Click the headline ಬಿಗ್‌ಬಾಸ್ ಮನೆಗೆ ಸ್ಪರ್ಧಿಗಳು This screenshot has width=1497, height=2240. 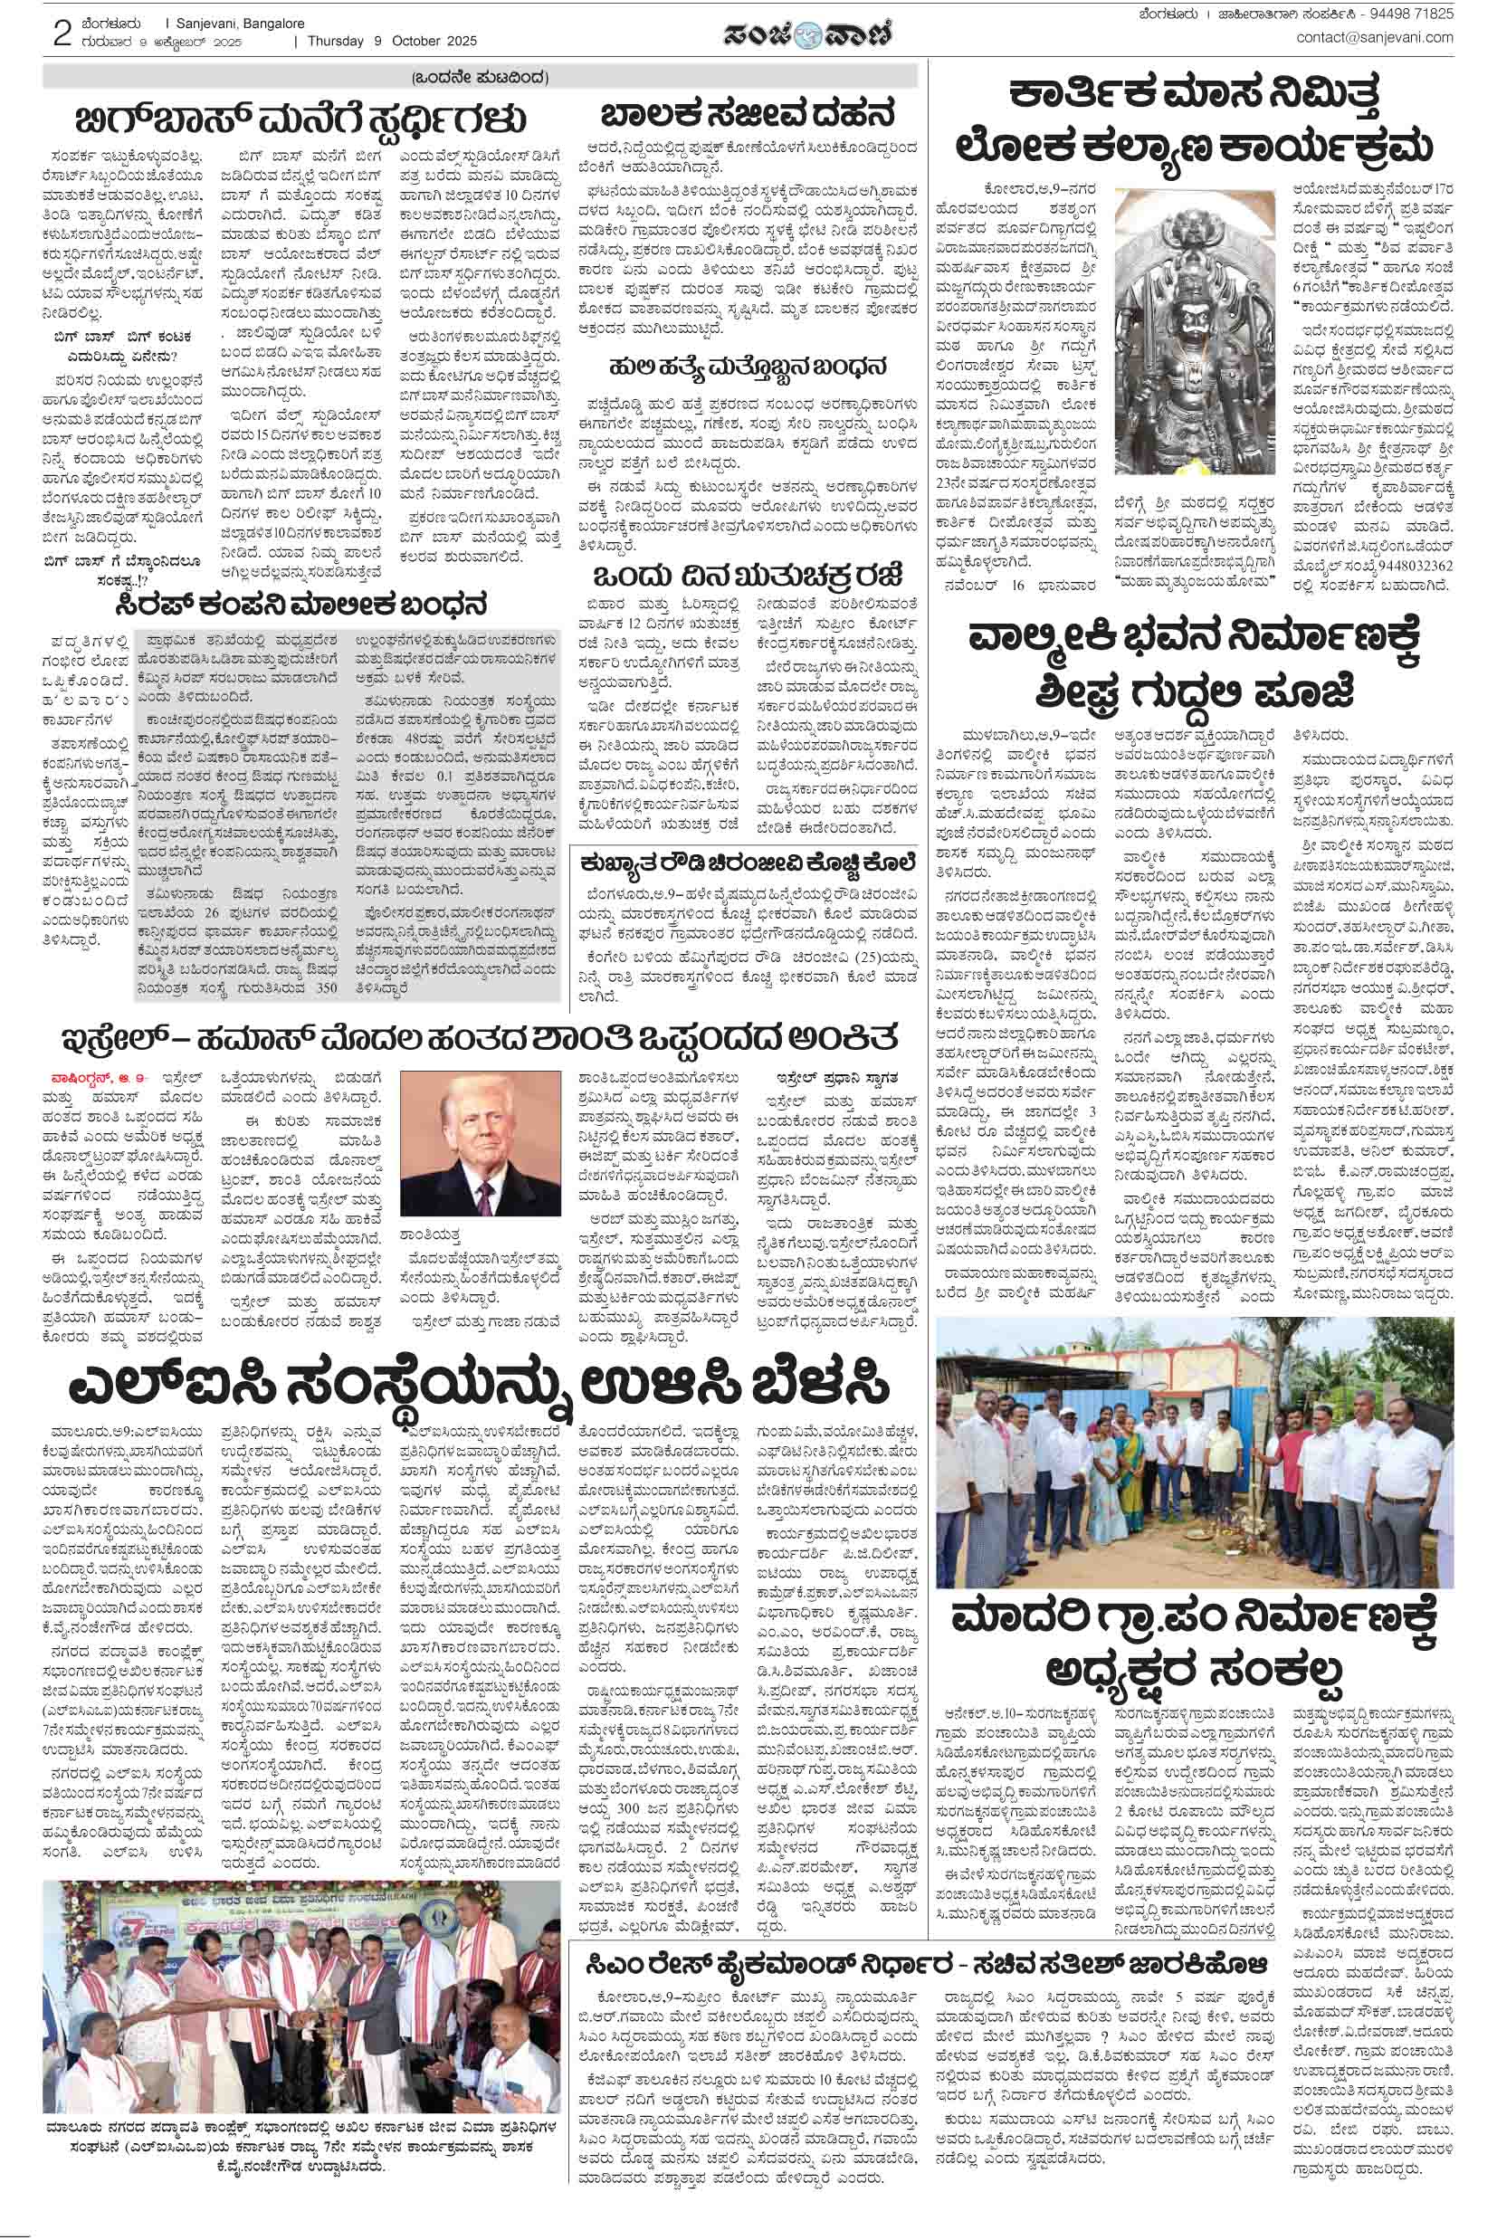coord(300,120)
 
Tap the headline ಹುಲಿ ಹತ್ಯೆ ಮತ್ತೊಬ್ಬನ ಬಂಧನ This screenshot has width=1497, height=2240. coord(748,367)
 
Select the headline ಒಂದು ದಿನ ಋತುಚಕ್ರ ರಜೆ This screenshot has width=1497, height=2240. coord(748,577)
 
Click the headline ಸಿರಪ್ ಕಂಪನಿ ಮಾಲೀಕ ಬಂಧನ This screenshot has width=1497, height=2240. coord(300,605)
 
